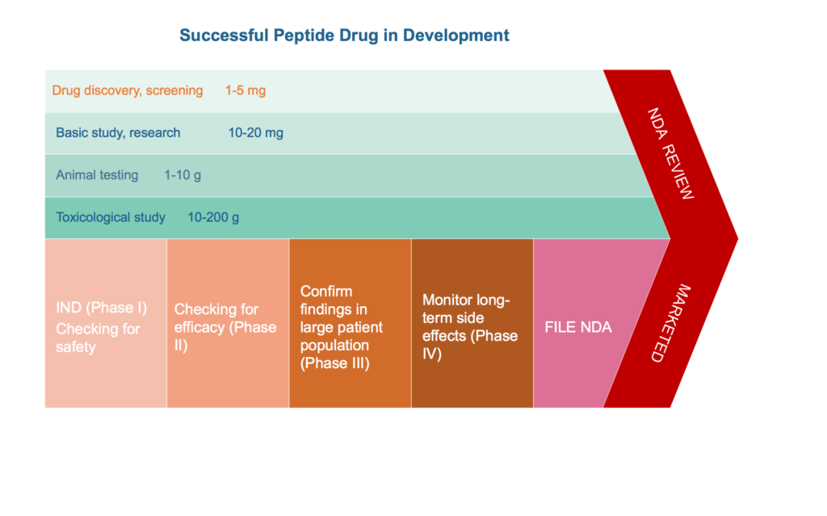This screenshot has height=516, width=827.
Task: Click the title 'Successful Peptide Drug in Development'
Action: coord(344,36)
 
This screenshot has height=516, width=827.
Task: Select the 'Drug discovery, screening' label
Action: coord(127,90)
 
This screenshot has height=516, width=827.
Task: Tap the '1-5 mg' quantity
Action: coord(246,90)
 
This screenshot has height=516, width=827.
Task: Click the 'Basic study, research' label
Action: coord(118,133)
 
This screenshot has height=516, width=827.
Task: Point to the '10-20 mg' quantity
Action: coord(256,133)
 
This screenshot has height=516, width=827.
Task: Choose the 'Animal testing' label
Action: coord(97,175)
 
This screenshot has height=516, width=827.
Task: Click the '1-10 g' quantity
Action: coord(183,175)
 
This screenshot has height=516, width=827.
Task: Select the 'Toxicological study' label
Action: coord(111,217)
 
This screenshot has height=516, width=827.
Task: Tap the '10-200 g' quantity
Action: coord(213,217)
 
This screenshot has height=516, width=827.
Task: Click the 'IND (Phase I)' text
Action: coord(101,308)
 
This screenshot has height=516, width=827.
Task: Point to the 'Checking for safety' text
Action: coord(98,338)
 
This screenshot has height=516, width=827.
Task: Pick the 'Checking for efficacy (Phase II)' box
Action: coord(228,323)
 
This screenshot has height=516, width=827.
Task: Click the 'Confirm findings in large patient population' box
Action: coord(351,323)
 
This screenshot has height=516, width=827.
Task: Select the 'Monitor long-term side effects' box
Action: coord(472,323)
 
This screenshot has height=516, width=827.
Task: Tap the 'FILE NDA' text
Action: coord(578,328)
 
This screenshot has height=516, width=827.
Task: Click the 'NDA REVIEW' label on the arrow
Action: coord(670,153)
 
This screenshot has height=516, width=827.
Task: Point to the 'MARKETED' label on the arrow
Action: coord(670,324)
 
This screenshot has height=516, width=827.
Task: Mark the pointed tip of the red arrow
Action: coord(737,238)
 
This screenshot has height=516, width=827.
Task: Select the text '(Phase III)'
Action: coord(335,363)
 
